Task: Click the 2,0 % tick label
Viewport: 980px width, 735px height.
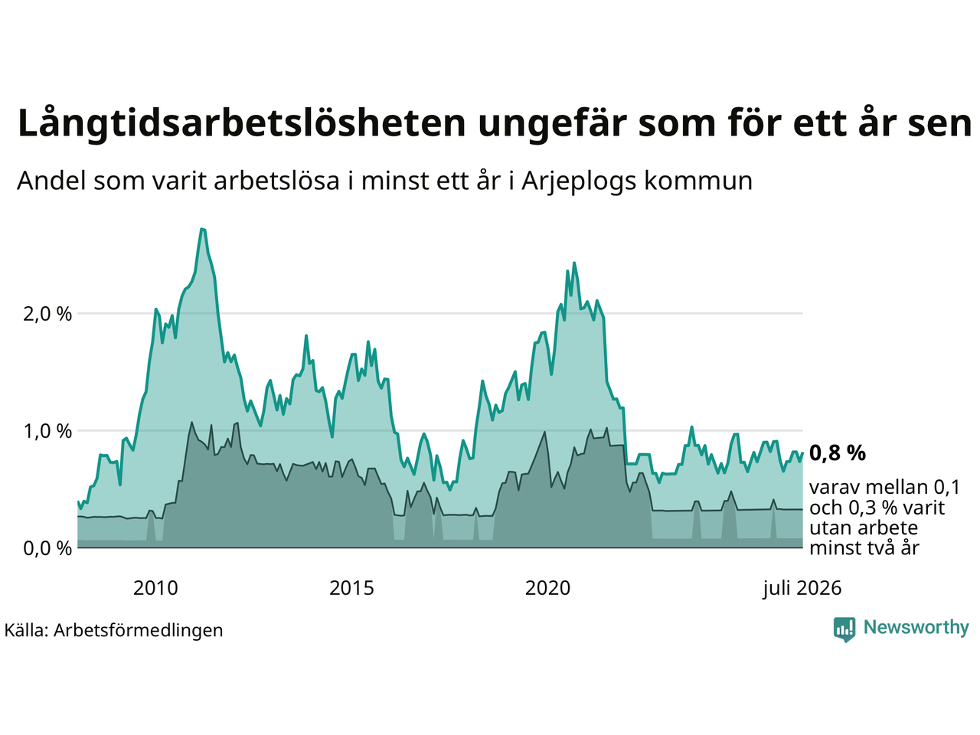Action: click(47, 314)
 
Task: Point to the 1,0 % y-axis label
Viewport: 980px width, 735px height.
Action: click(47, 432)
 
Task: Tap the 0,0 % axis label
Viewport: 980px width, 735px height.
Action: click(47, 548)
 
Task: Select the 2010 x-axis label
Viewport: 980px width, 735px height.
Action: click(155, 588)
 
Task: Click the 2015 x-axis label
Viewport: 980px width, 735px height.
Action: click(351, 588)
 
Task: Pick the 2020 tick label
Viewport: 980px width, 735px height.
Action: click(547, 588)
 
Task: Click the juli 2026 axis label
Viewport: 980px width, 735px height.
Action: click(802, 589)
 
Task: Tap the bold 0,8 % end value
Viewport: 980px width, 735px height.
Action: click(837, 453)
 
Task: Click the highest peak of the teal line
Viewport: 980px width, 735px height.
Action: click(203, 229)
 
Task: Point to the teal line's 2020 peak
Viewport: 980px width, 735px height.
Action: click(574, 263)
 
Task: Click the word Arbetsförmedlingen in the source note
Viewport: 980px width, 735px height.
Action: click(138, 631)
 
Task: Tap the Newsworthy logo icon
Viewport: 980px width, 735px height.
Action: click(844, 629)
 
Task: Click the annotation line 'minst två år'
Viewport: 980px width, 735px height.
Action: click(864, 548)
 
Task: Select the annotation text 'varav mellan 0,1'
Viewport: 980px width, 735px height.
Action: click(884, 488)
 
